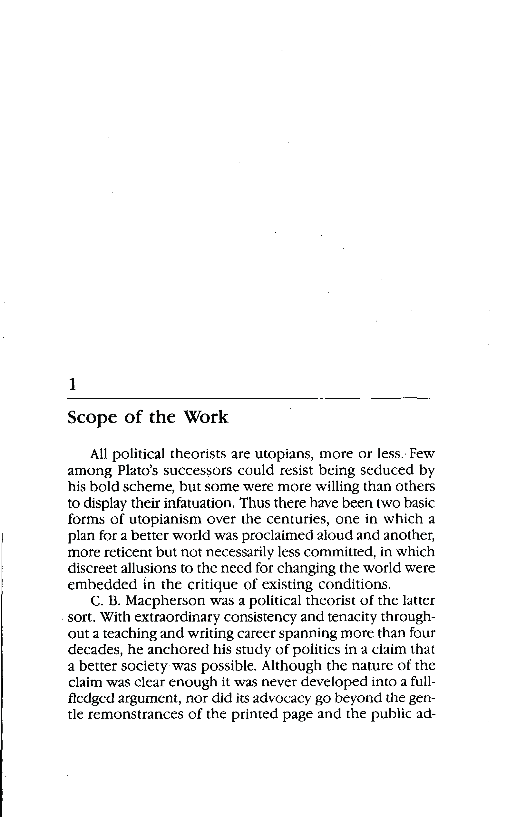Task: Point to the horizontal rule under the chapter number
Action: tap(251, 398)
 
